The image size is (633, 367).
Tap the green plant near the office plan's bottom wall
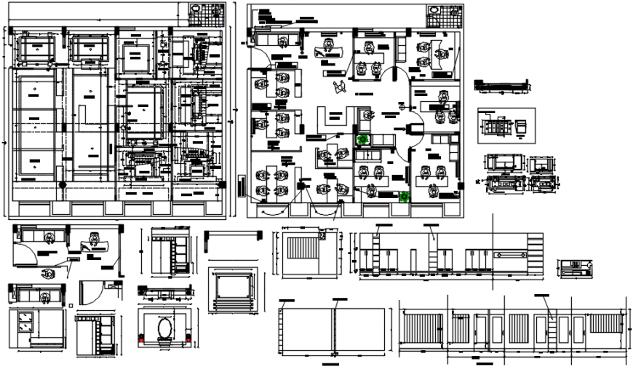coord(405,196)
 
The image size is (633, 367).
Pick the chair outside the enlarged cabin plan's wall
coord(48,274)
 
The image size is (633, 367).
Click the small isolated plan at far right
coord(577,267)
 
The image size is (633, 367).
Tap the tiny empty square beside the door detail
coord(71,306)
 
